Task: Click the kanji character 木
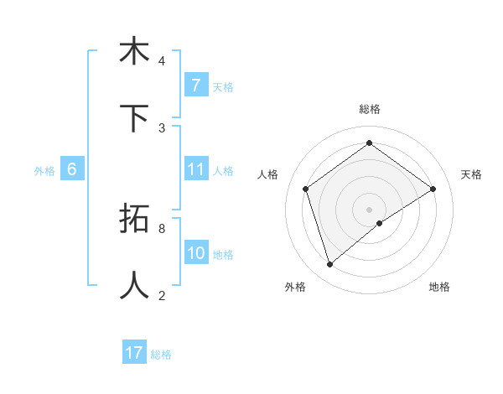pyautogui.click(x=134, y=51)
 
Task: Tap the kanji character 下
pyautogui.click(x=134, y=118)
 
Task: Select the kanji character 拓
pyautogui.click(x=134, y=219)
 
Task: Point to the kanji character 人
pyautogui.click(x=134, y=286)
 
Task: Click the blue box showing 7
pyautogui.click(x=195, y=86)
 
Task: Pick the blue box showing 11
pyautogui.click(x=195, y=169)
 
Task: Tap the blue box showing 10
pyautogui.click(x=195, y=253)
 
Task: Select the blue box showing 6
pyautogui.click(x=71, y=169)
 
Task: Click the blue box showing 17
pyautogui.click(x=134, y=353)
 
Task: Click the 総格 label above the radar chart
pyautogui.click(x=369, y=109)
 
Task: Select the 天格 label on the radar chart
pyautogui.click(x=471, y=174)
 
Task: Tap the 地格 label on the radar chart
pyautogui.click(x=439, y=287)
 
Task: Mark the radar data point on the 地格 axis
pyautogui.click(x=380, y=223)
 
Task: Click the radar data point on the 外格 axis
pyautogui.click(x=329, y=265)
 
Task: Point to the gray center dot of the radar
pyautogui.click(x=369, y=209)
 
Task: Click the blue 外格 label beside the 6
pyautogui.click(x=44, y=170)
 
